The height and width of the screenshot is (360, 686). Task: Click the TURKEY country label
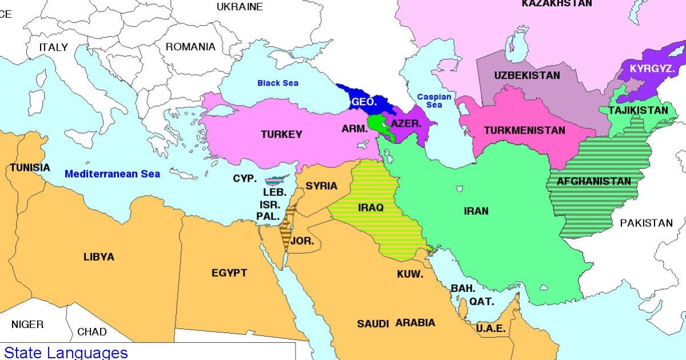(x=281, y=135)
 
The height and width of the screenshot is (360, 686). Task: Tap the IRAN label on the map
(x=476, y=211)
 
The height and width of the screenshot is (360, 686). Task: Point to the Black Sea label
(x=277, y=83)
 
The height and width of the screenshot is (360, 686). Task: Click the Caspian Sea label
(x=433, y=101)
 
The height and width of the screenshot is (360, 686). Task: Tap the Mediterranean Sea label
(x=112, y=174)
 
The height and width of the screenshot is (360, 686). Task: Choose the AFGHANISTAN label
(x=595, y=182)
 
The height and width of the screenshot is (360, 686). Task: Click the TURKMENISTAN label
(x=524, y=130)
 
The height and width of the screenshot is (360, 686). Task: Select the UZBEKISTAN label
(x=527, y=75)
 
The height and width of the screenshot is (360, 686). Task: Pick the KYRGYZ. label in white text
(x=652, y=69)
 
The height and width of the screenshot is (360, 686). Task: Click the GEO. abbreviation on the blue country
(x=364, y=102)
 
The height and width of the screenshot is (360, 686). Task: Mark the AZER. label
(x=406, y=123)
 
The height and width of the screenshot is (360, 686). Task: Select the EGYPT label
(x=229, y=273)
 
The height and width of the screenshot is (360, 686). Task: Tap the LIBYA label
(x=98, y=257)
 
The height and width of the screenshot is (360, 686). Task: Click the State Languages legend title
(x=66, y=352)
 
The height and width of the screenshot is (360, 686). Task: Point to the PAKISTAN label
(x=647, y=223)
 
